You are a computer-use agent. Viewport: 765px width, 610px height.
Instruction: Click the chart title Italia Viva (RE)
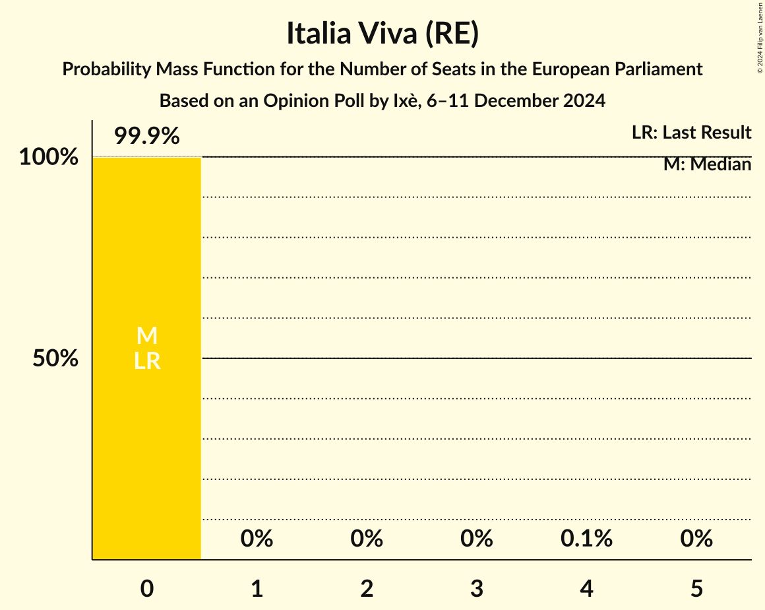click(x=382, y=34)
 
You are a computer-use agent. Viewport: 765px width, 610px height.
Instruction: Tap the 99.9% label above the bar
click(x=146, y=136)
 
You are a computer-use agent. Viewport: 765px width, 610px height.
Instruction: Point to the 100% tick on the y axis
click(x=48, y=158)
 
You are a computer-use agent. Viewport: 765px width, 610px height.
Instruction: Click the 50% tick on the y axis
click(x=55, y=358)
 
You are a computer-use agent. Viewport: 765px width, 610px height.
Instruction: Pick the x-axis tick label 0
click(x=146, y=588)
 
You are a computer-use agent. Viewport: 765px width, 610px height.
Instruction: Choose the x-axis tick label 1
click(x=257, y=588)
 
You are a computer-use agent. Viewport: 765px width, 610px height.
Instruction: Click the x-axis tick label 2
click(x=367, y=588)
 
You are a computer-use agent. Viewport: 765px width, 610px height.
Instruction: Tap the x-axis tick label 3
click(x=477, y=588)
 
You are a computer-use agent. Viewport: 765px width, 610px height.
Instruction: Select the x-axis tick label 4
click(x=587, y=588)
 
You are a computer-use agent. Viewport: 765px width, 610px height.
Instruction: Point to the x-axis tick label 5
click(x=697, y=588)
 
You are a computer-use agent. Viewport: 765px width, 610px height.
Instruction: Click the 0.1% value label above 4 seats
click(x=586, y=539)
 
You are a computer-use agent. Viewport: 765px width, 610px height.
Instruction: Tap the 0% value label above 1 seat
click(x=257, y=539)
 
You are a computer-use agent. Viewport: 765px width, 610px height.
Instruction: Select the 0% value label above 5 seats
click(x=697, y=539)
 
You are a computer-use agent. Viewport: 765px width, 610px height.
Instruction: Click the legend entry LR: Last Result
click(x=691, y=133)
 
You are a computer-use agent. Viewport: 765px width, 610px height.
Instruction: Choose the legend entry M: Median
click(x=707, y=164)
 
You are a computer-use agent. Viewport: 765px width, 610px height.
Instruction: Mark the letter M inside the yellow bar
click(x=146, y=336)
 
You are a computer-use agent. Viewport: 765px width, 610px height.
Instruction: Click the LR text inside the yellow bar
click(x=146, y=361)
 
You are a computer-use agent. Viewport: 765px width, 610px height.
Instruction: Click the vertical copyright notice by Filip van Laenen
click(x=759, y=37)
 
